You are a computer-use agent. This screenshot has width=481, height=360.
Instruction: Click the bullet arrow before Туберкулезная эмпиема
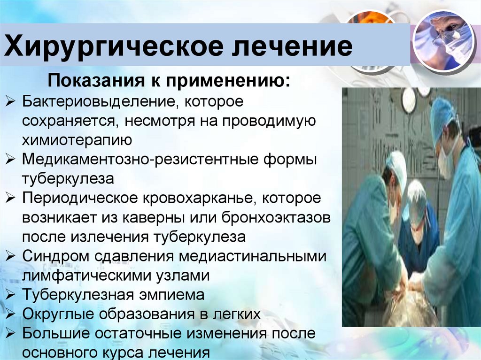tap(9, 295)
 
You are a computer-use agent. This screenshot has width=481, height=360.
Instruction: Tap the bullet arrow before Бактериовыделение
tap(9, 101)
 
